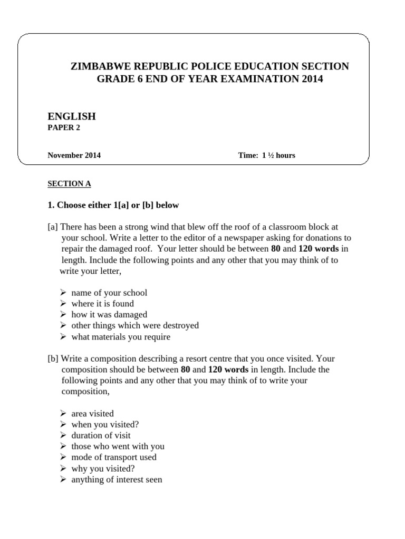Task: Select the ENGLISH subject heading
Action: [72, 116]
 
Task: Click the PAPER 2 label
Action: [64, 127]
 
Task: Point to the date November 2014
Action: [74, 155]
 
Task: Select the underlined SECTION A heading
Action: [69, 184]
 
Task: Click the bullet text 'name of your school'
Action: [109, 293]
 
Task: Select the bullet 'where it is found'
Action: [102, 304]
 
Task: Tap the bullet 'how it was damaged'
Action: [109, 315]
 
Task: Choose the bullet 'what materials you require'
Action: [121, 337]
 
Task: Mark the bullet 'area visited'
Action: [92, 414]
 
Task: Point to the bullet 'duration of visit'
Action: [101, 435]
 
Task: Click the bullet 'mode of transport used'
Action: [114, 457]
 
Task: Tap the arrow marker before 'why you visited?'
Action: [62, 468]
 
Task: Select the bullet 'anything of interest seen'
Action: [117, 480]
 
